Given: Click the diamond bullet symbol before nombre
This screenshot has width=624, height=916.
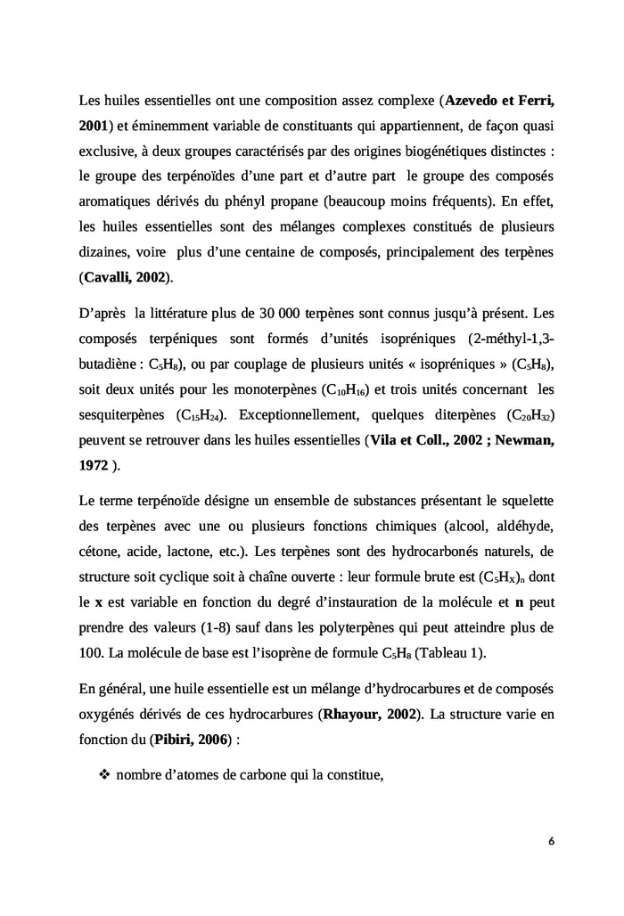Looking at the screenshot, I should click(103, 774).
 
